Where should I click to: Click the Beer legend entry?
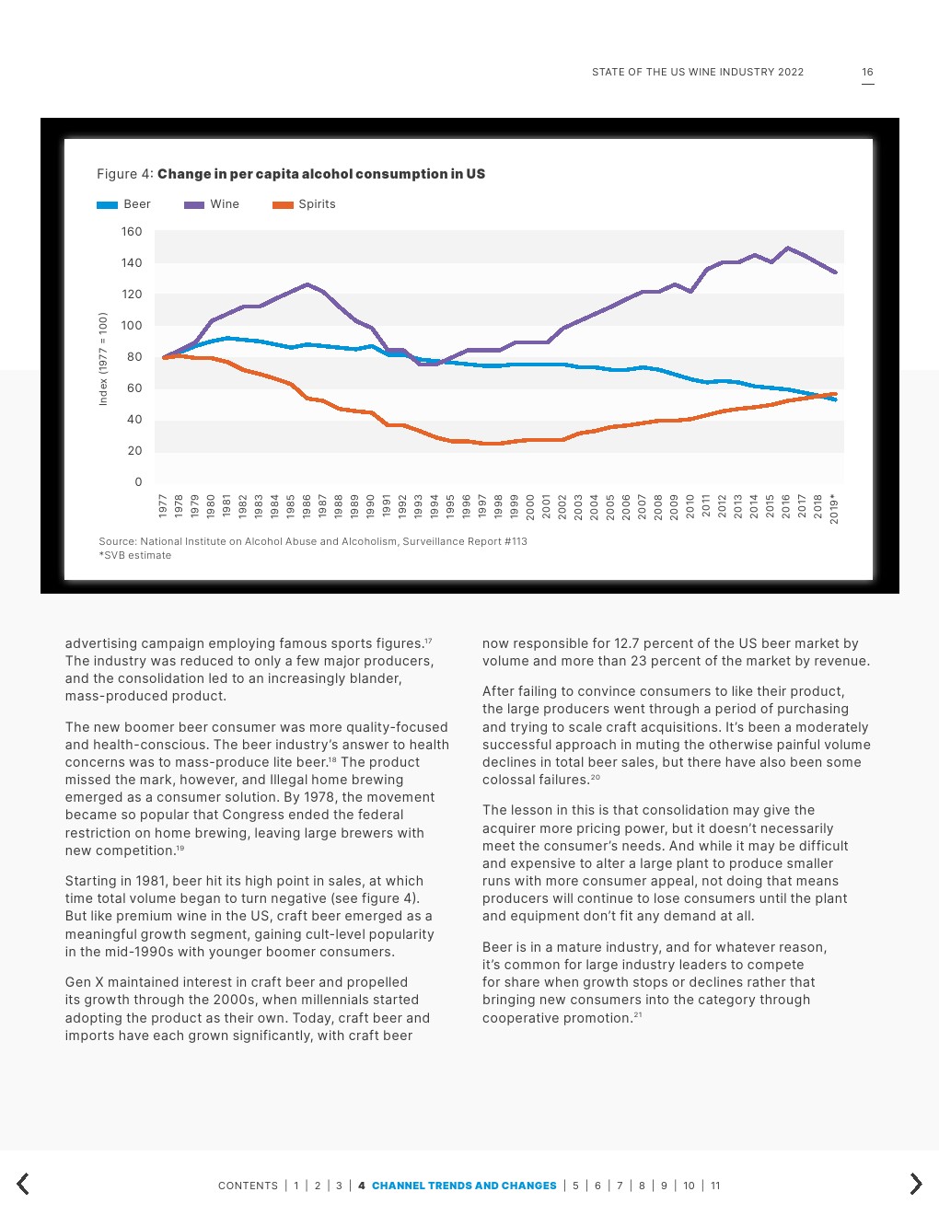click(124, 204)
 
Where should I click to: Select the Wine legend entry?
click(213, 204)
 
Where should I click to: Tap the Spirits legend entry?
click(305, 204)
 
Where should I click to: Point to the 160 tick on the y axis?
click(132, 232)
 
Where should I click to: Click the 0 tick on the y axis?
click(138, 482)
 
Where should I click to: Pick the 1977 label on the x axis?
click(163, 505)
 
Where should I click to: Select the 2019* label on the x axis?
click(834, 508)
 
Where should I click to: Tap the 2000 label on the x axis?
click(530, 505)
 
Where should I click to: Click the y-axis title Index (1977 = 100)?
click(103, 358)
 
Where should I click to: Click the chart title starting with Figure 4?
click(291, 174)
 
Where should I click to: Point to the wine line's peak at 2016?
click(787, 248)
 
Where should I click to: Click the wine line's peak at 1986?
click(307, 284)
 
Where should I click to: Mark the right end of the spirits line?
click(835, 394)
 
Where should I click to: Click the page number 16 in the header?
click(867, 72)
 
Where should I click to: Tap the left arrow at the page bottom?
click(23, 1184)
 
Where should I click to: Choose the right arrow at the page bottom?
click(915, 1184)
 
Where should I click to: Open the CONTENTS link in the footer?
click(248, 1186)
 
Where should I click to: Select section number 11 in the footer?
click(715, 1186)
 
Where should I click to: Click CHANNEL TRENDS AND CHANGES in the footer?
click(464, 1186)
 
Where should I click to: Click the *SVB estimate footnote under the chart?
click(135, 556)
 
